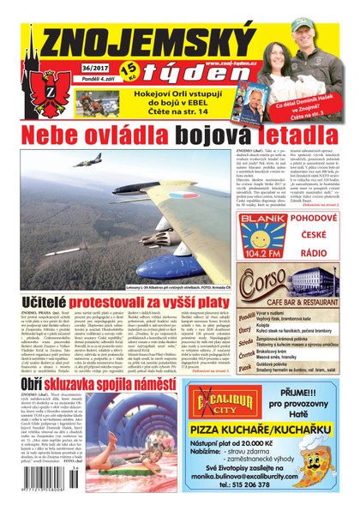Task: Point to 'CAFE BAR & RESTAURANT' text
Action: point(291,299)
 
